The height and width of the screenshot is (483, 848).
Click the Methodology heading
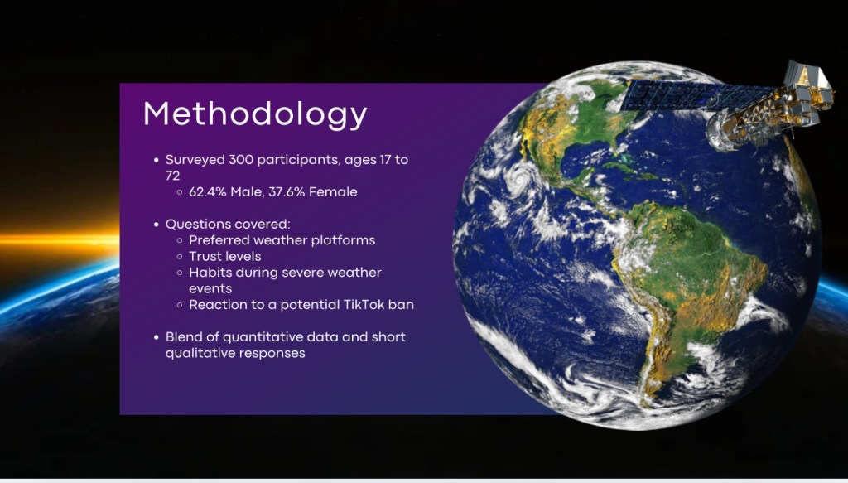point(255,115)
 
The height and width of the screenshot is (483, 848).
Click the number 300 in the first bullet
point(239,160)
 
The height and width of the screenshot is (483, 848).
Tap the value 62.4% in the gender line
point(208,192)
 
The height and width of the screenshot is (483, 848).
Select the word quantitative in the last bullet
point(255,337)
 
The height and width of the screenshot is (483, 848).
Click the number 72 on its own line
point(172,176)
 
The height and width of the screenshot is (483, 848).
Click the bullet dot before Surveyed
point(157,160)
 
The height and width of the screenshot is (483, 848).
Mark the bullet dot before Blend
point(157,337)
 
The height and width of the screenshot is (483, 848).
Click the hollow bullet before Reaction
point(180,305)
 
